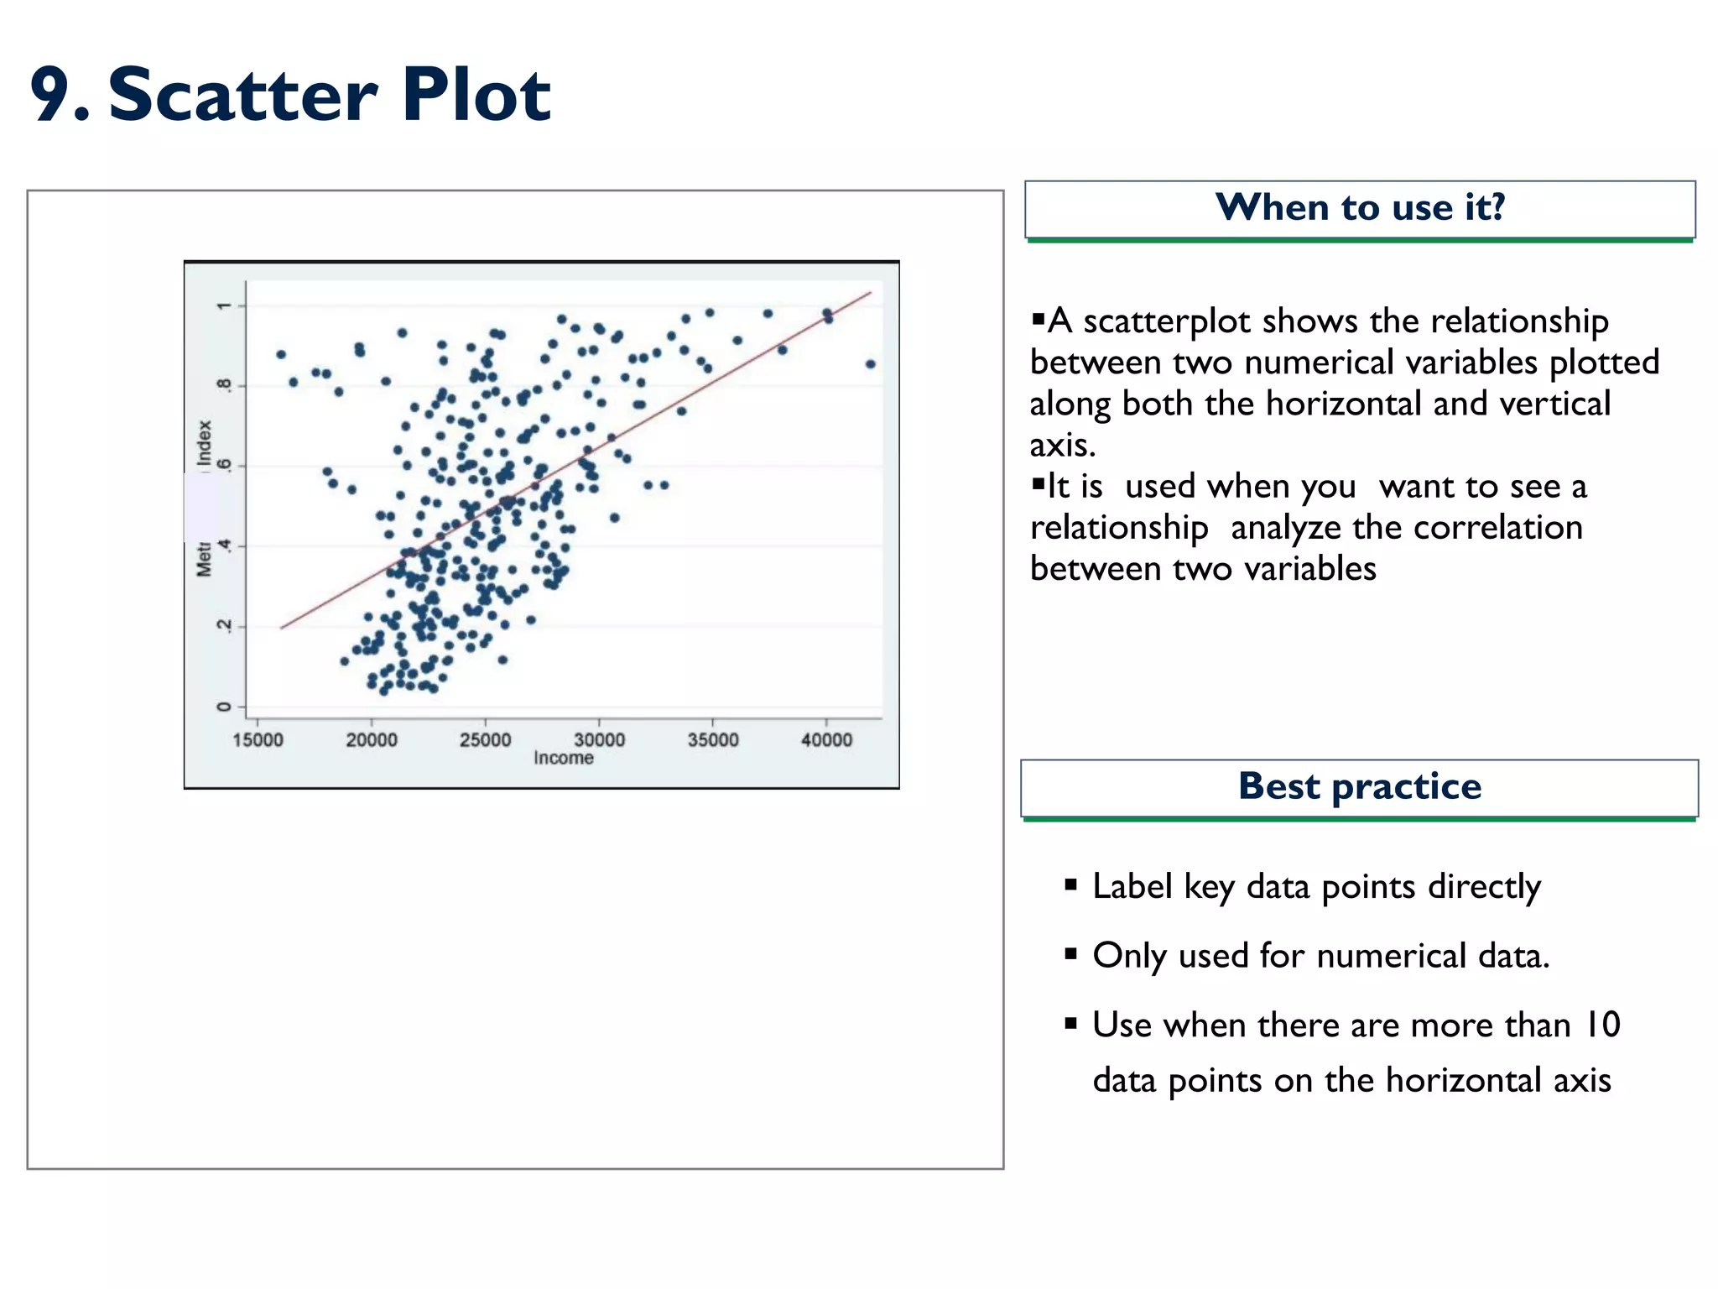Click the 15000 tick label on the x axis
[258, 739]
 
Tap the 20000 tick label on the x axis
[372, 739]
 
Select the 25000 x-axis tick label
[485, 739]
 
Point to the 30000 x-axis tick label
[599, 739]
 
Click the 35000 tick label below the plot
[713, 739]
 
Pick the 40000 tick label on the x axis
[826, 739]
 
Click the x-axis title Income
[564, 758]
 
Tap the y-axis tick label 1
[223, 306]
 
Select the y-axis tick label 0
[223, 707]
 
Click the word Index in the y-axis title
[204, 442]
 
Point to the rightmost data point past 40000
[871, 364]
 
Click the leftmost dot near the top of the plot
[281, 354]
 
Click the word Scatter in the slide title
[243, 95]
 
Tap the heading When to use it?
[1360, 207]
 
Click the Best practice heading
[1360, 786]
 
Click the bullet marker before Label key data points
[1070, 885]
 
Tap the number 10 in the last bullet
[1601, 1025]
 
